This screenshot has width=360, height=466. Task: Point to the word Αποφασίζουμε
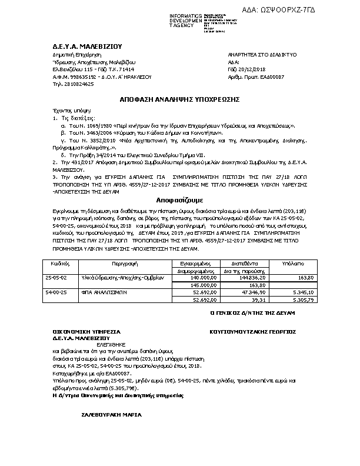click(180, 217)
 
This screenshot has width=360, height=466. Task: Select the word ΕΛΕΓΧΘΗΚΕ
click(92, 345)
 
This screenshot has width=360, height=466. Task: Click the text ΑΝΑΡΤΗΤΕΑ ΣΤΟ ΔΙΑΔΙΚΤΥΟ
click(262, 54)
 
